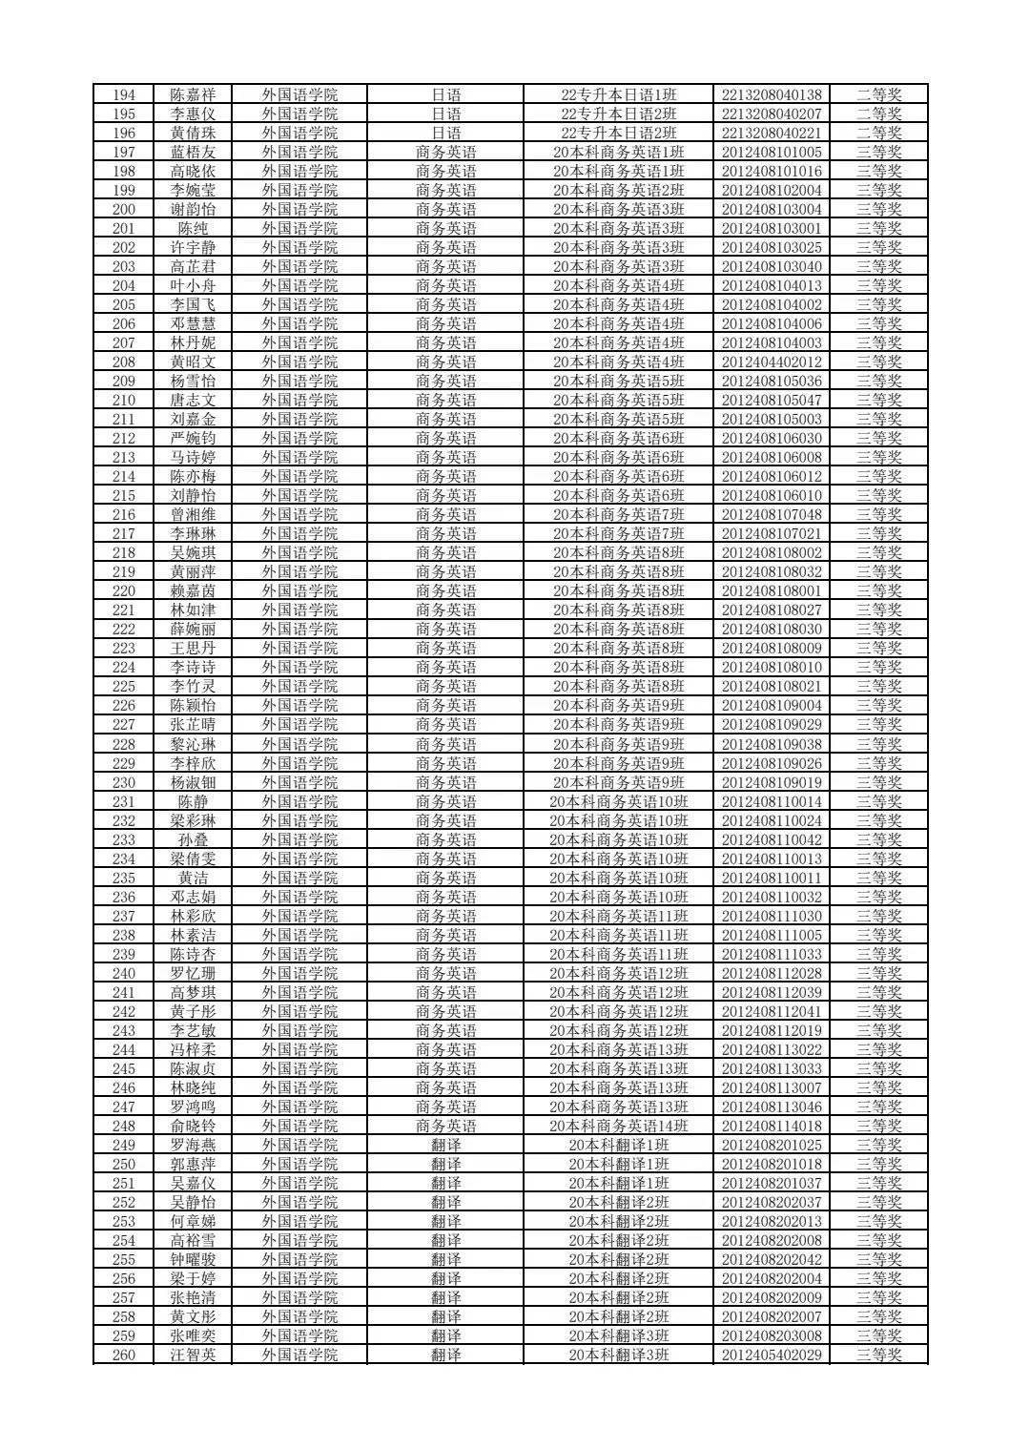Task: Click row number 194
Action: (124, 94)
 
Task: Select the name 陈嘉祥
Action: (193, 94)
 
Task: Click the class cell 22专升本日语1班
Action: (618, 94)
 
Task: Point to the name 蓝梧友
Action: (193, 152)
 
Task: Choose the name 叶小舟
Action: (193, 285)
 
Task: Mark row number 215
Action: (124, 495)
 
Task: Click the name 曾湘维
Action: (193, 514)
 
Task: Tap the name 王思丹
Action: (193, 648)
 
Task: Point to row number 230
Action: (124, 782)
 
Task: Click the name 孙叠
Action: (193, 839)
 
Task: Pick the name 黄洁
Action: (193, 878)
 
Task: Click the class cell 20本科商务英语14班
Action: (618, 1126)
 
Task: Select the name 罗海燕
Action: (193, 1145)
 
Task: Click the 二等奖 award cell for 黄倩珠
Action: (878, 133)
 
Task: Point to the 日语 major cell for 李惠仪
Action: (445, 114)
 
